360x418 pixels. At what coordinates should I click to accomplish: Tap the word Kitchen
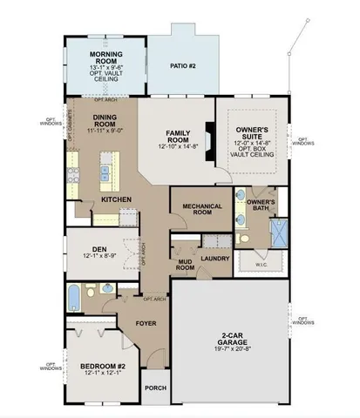click(116, 199)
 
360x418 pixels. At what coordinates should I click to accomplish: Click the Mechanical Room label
click(200, 210)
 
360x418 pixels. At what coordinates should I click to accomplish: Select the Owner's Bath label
click(262, 206)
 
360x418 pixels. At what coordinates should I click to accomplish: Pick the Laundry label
click(214, 259)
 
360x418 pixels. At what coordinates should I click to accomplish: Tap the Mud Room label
click(185, 265)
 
